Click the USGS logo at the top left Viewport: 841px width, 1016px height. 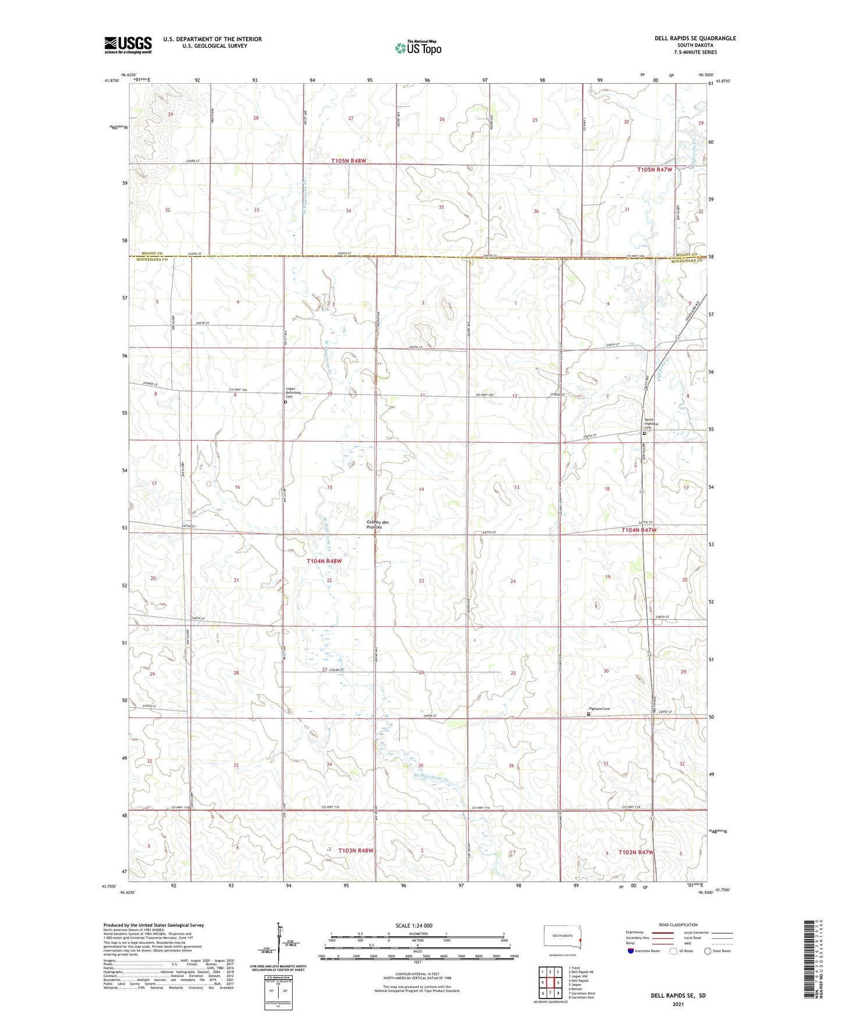click(x=128, y=45)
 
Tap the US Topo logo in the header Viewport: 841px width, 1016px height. click(x=417, y=48)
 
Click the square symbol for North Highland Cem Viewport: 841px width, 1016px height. click(x=644, y=434)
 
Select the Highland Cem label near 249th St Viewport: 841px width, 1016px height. click(x=601, y=709)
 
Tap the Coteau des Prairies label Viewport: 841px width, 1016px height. click(x=378, y=524)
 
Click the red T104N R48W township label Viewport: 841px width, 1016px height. click(x=324, y=561)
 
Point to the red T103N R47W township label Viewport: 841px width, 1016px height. click(x=636, y=852)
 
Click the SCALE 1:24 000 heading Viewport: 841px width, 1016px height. click(x=414, y=926)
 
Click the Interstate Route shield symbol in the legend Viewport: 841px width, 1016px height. click(x=630, y=951)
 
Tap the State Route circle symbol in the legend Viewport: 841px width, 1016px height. click(x=708, y=951)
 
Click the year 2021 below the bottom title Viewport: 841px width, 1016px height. click(x=678, y=1004)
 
